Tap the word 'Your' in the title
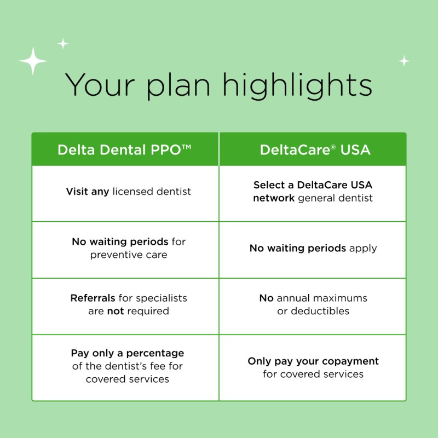[100, 85]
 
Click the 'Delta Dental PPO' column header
[124, 149]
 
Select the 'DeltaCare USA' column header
[315, 149]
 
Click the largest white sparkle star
[33, 61]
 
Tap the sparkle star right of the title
[404, 61]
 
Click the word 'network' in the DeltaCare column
[274, 198]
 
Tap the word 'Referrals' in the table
[93, 298]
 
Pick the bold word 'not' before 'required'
[116, 311]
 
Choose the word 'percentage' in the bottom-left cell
[155, 354]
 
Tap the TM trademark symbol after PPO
[186, 147]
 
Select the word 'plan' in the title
[178, 86]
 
